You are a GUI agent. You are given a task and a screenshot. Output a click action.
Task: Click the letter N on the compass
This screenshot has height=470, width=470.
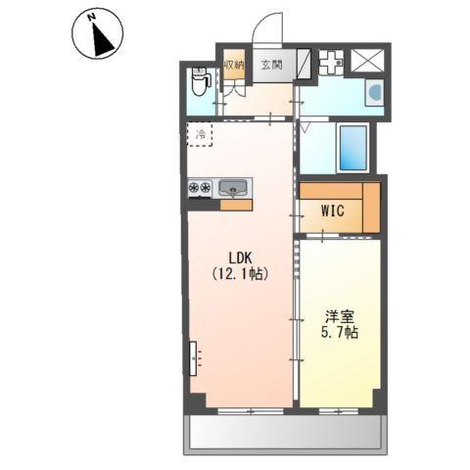(x=92, y=17)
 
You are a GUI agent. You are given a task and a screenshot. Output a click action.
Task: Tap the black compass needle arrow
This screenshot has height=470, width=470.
(x=103, y=40)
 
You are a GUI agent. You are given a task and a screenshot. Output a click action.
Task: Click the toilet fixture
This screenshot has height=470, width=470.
(x=200, y=81)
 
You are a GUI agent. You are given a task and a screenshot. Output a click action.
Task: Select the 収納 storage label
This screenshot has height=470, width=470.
(x=234, y=65)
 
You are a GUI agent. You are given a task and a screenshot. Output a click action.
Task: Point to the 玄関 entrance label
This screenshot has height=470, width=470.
(x=271, y=65)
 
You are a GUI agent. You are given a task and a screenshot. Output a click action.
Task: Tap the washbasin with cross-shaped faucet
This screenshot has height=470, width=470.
(x=331, y=63)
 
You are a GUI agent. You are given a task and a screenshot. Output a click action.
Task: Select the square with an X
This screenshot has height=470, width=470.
(x=367, y=61)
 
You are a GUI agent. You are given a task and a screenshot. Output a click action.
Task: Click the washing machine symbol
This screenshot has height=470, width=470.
(x=374, y=92)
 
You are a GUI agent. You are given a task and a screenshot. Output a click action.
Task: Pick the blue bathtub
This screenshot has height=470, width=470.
(x=353, y=148)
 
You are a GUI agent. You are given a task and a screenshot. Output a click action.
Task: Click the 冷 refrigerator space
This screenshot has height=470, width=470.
(x=200, y=134)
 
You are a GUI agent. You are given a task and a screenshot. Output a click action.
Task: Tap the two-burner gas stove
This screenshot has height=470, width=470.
(x=200, y=188)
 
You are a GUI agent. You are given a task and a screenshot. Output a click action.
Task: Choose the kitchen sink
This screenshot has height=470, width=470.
(x=233, y=188)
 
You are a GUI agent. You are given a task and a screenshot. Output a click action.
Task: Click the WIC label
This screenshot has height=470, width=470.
(x=332, y=211)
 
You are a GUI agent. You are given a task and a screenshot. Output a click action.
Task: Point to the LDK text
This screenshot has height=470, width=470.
(x=240, y=258)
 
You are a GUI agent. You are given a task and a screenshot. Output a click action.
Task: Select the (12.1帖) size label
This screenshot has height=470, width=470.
(x=240, y=274)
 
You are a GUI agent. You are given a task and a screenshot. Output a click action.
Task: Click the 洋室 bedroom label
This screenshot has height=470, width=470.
(x=340, y=316)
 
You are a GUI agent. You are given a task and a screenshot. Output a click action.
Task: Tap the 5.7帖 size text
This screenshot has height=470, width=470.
(x=340, y=333)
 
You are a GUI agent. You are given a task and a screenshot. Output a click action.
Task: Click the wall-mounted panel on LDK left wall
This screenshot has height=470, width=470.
(x=193, y=358)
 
